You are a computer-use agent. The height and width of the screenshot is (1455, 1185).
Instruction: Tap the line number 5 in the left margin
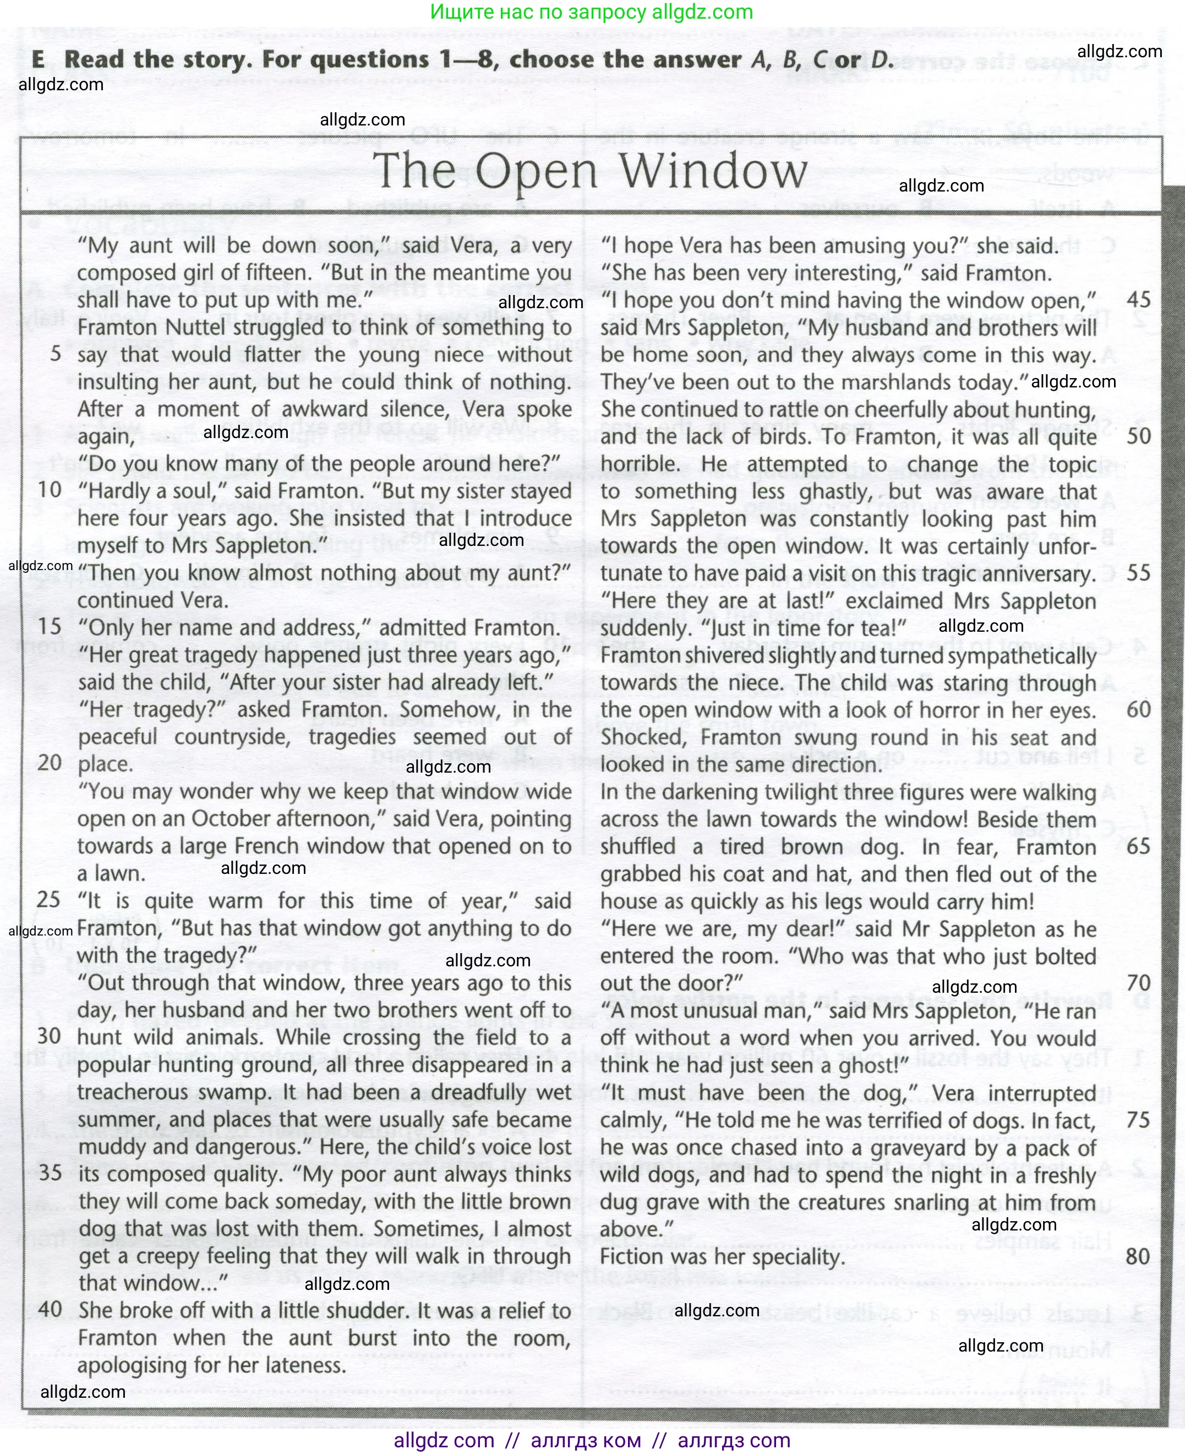pos(56,353)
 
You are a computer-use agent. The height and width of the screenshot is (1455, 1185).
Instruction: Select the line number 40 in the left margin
pos(51,1309)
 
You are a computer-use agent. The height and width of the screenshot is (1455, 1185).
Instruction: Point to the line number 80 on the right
pos(1138,1256)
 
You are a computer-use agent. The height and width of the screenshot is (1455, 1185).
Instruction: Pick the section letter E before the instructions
pos(39,60)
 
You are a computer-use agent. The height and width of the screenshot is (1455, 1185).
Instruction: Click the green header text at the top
pos(591,12)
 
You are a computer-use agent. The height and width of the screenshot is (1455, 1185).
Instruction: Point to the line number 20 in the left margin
pos(51,762)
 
